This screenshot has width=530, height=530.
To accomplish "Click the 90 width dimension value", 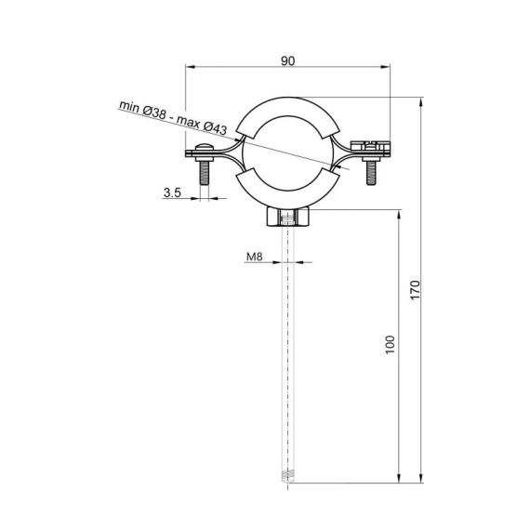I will click(287, 60).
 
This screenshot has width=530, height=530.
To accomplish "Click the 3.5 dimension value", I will click(172, 193).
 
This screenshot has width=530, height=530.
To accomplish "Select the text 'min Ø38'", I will click(143, 112).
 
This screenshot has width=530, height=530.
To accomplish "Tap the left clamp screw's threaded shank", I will click(205, 173).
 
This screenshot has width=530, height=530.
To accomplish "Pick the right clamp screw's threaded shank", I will click(372, 173).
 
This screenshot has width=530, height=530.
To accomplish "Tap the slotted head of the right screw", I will click(372, 144).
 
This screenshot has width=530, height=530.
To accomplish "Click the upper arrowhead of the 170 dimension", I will click(424, 100).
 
